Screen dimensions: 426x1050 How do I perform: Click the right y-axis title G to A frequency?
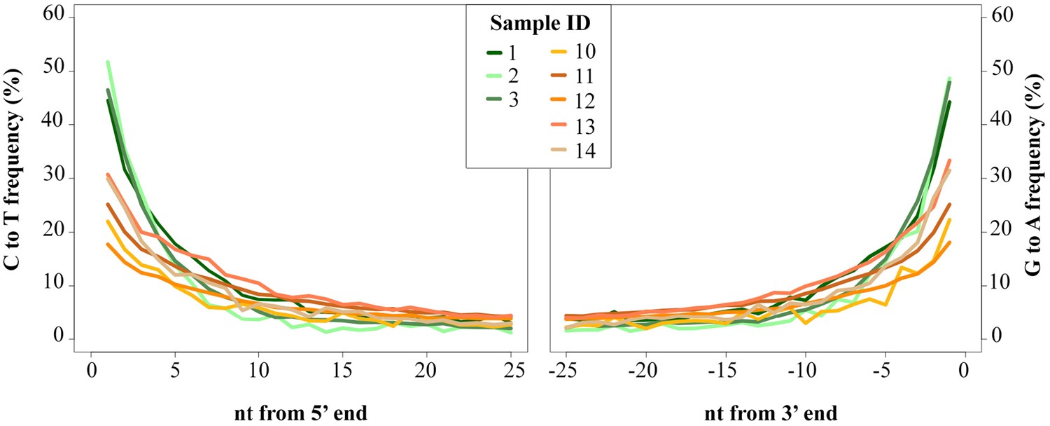click(1035, 179)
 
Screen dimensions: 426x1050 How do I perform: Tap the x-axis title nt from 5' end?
click(300, 413)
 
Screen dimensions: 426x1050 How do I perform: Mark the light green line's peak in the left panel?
click(108, 62)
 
